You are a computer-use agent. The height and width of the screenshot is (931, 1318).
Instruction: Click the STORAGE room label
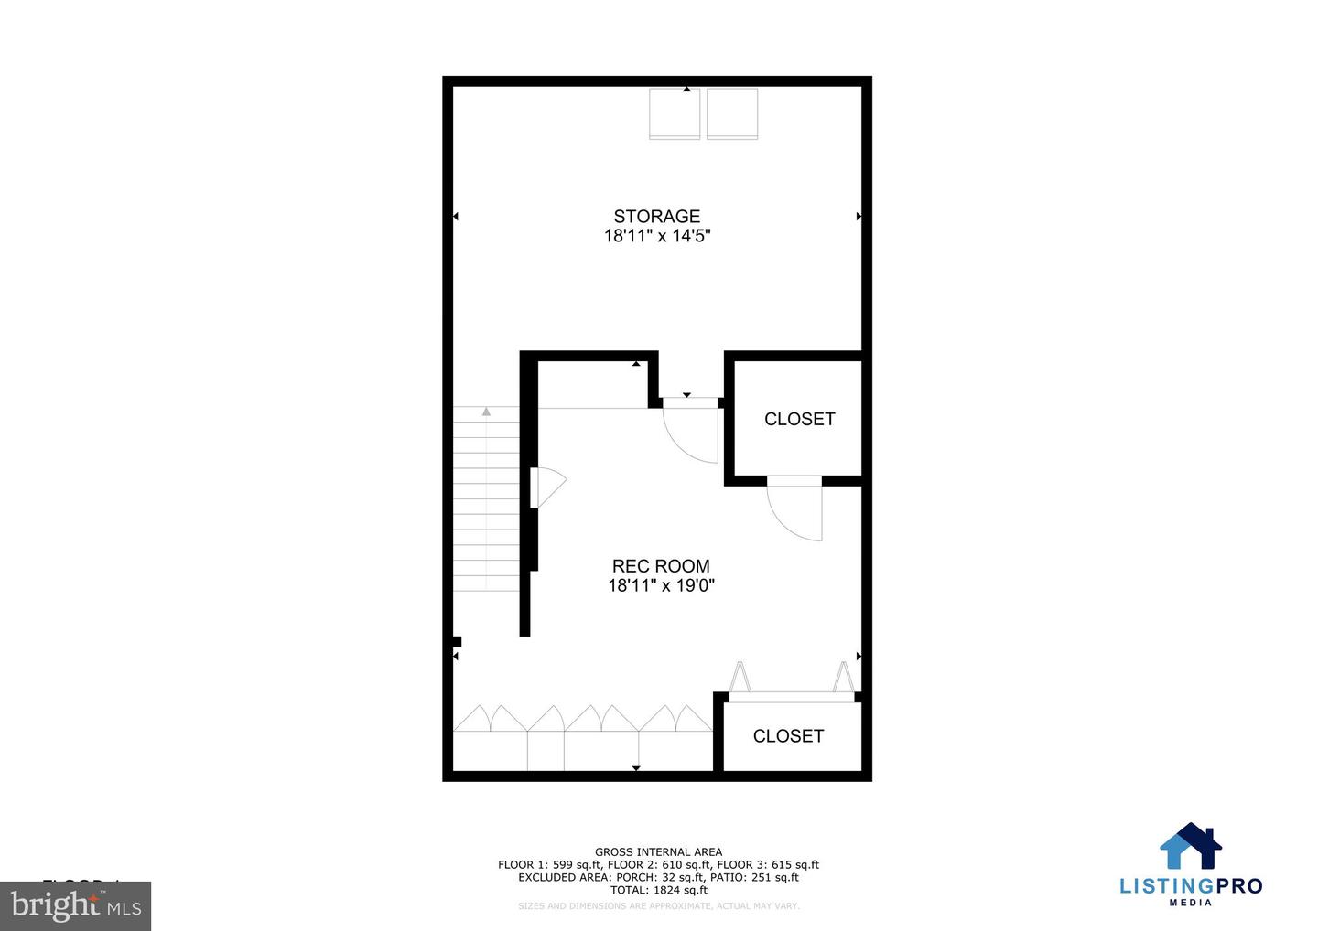tap(656, 216)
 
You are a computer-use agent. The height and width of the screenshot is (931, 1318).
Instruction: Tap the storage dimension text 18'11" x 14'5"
tap(656, 236)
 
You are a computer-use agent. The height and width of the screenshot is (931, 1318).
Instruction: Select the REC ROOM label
tap(660, 566)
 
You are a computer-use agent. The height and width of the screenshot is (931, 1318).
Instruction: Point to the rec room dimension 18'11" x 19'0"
tap(660, 585)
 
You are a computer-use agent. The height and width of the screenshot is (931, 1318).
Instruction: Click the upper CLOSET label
tap(799, 419)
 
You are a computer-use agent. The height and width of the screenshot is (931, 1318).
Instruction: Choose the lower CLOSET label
tap(787, 736)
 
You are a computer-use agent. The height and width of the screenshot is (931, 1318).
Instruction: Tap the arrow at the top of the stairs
tap(486, 412)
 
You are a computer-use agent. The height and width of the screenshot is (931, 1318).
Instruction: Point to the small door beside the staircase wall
tap(546, 487)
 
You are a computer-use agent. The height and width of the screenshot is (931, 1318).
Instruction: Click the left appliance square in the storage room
tap(675, 113)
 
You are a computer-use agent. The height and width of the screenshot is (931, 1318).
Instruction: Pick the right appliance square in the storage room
tap(732, 113)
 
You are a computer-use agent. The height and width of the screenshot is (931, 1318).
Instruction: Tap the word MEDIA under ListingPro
tap(1191, 903)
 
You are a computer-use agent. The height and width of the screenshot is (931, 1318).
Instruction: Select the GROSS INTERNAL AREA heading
tap(658, 852)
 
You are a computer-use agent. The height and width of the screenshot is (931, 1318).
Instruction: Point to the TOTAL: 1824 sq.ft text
tap(658, 890)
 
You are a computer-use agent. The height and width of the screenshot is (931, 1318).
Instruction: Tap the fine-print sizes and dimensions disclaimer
tap(658, 906)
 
